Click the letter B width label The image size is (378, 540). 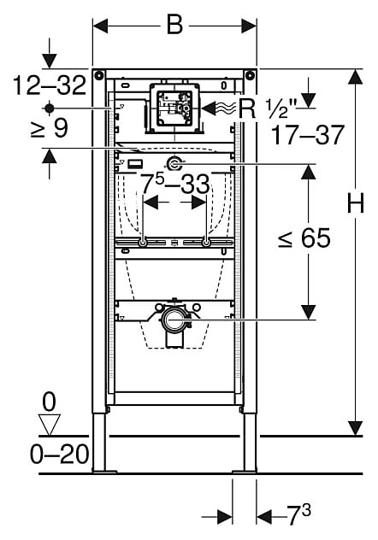174,25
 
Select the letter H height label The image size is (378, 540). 355,203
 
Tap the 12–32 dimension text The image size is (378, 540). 50,85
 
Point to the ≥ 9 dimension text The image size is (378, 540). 50,128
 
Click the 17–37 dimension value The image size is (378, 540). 308,135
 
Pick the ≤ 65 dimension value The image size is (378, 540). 304,238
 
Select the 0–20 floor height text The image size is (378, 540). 60,455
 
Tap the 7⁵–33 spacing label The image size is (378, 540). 175,183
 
